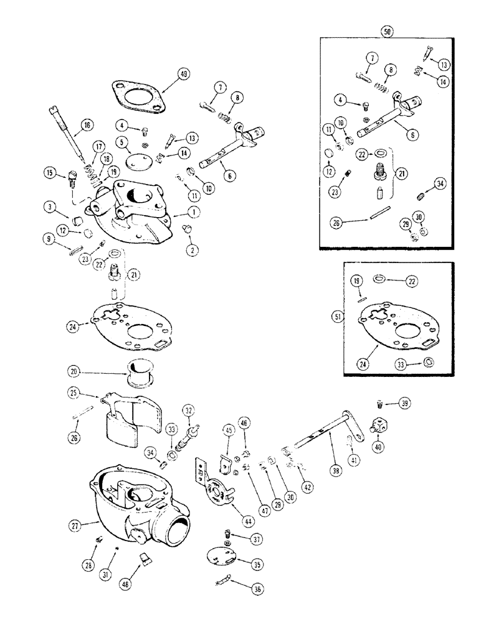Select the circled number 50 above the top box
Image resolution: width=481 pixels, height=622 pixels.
388,30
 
